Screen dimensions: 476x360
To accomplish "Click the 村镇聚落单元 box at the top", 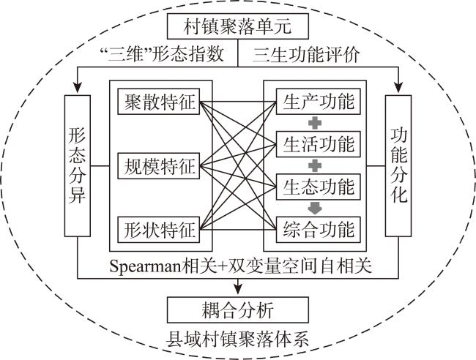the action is tap(238, 26).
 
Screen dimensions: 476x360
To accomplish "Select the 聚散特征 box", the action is tap(158, 101).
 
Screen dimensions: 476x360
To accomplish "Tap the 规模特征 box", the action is tap(158, 166).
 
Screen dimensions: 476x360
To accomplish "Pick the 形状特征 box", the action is tap(158, 230).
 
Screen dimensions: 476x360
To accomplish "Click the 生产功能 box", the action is tap(318, 101).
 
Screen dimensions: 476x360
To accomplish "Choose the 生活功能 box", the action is tap(318, 144).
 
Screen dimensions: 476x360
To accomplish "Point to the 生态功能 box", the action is tap(318, 187).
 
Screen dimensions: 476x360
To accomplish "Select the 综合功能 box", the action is tap(318, 230).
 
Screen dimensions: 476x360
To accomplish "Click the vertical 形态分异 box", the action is tap(78, 166).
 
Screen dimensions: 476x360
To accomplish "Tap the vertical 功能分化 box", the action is tap(398, 166).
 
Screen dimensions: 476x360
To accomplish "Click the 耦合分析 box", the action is tap(238, 310).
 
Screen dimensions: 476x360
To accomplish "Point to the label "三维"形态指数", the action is tap(162, 54).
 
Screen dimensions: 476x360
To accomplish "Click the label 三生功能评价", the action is tap(306, 55).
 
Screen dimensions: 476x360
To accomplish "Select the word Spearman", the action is tap(146, 267).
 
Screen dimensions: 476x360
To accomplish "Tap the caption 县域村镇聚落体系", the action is tap(238, 339).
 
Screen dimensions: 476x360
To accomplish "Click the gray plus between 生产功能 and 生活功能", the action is tap(315, 123).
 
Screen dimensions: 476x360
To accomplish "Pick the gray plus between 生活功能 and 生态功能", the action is tap(315, 165).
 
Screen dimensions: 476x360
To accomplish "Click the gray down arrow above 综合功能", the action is tap(315, 209).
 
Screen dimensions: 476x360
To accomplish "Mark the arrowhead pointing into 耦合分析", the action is tap(238, 289).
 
